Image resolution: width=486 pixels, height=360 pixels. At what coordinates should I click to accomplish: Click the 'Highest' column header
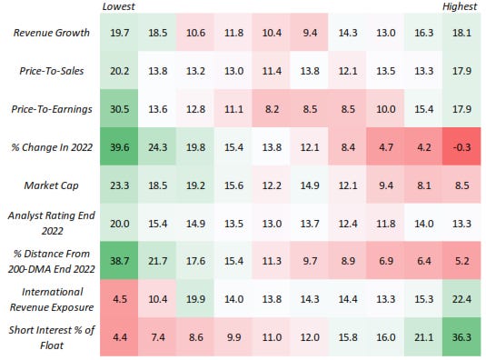[460, 7]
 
